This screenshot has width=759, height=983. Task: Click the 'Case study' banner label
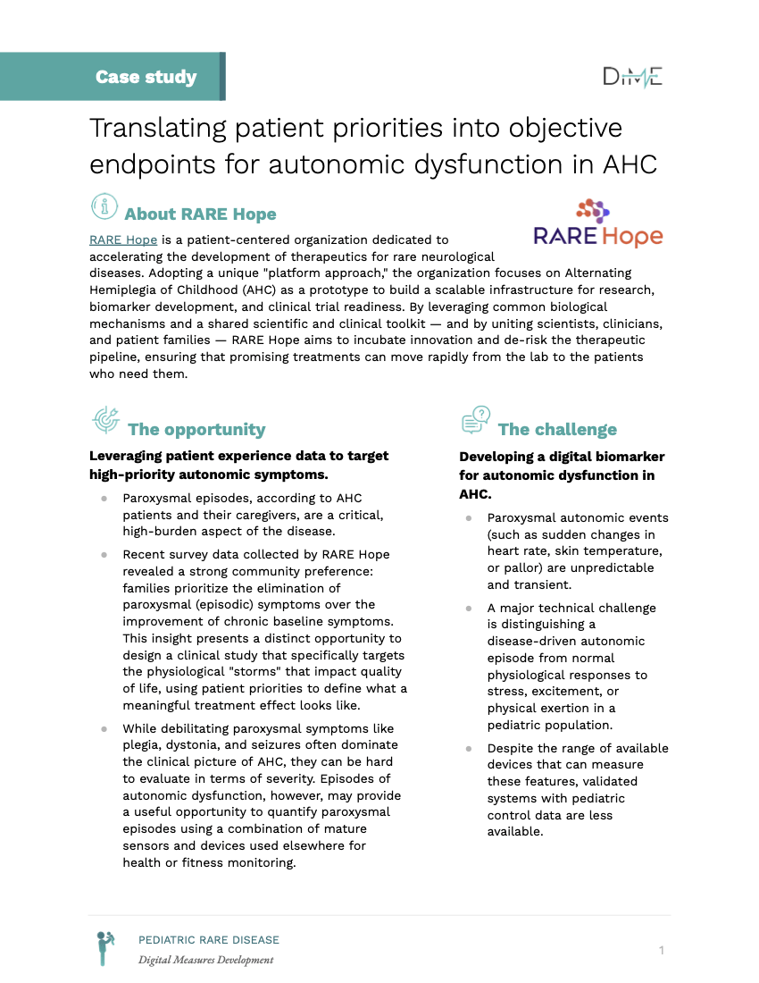point(146,77)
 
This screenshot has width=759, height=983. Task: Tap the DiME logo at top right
point(632,77)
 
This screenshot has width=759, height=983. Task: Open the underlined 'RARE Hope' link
point(123,239)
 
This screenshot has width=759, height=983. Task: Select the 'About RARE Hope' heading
point(200,214)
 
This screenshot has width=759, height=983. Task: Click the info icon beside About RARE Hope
point(104,206)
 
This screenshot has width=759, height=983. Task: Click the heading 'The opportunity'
point(196,430)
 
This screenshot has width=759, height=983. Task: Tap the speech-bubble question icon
point(476,418)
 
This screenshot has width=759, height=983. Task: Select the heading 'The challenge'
point(557,430)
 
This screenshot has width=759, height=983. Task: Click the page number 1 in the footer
point(662,950)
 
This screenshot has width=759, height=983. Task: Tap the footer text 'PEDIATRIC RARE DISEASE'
point(208,940)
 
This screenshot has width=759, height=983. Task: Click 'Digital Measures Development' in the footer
point(205,961)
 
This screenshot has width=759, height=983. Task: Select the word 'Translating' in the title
point(157,128)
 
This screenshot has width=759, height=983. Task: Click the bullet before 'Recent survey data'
point(104,555)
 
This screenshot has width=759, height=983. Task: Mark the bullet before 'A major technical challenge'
point(468,609)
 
